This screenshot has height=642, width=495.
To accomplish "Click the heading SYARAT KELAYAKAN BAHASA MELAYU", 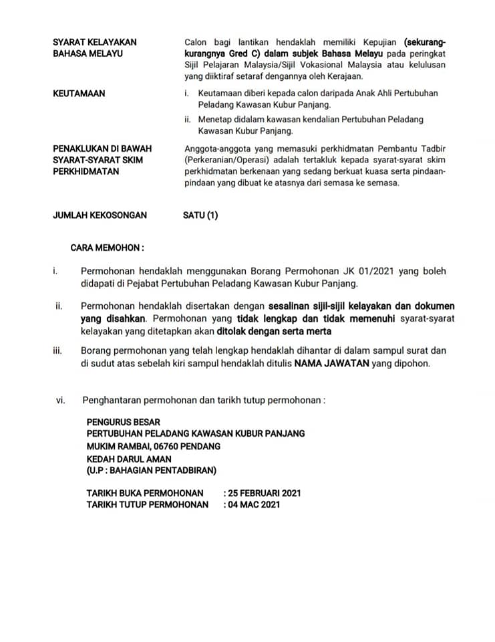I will (x=94, y=47).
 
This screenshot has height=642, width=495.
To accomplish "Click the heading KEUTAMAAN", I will (x=79, y=94).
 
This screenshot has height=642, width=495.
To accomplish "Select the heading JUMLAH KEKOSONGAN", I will (x=100, y=215).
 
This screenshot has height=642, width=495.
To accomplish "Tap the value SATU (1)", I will (x=200, y=215).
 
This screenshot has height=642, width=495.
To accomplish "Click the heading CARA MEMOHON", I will (x=107, y=247).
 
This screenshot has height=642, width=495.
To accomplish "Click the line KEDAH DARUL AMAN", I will (x=129, y=459).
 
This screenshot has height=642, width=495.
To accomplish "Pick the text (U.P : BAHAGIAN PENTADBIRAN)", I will (x=152, y=471).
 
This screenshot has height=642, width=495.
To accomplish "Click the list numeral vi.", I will (x=61, y=401).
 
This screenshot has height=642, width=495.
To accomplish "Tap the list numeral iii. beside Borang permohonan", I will (x=57, y=350).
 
